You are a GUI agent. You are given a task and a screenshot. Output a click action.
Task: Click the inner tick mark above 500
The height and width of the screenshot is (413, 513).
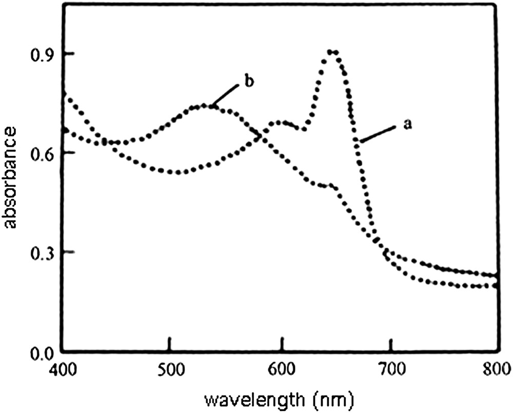170,343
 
